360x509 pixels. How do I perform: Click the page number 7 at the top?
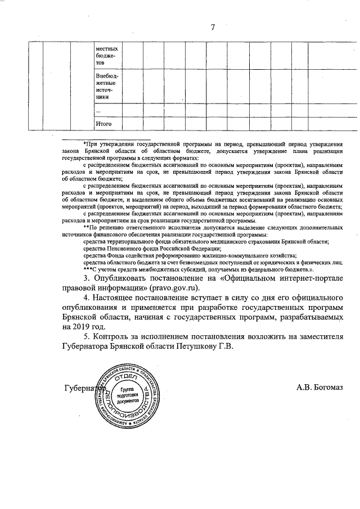(x=213, y=26)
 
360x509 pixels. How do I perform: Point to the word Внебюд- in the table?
(x=107, y=75)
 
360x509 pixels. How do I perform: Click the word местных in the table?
(x=107, y=49)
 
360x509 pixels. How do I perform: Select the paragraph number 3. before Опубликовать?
(x=87, y=276)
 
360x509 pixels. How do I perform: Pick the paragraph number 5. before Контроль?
(x=87, y=336)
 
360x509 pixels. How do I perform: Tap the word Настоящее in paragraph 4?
(x=120, y=296)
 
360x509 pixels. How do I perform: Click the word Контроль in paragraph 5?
(x=115, y=336)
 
